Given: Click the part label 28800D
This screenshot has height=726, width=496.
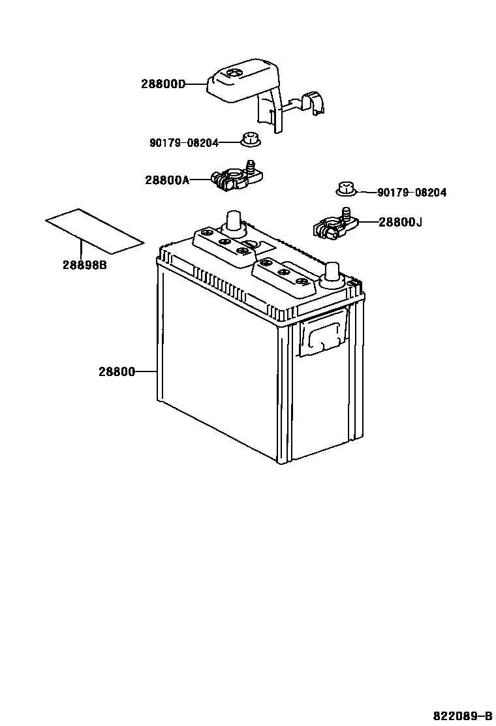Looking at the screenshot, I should pyautogui.click(x=163, y=84).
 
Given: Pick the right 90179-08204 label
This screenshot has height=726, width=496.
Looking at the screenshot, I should pyautogui.click(x=412, y=193).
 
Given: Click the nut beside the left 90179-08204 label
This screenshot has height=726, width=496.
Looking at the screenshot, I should pyautogui.click(x=249, y=140).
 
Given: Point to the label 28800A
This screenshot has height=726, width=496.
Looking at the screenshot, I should pyautogui.click(x=166, y=180).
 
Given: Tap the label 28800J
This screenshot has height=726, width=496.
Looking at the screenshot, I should pyautogui.click(x=400, y=223).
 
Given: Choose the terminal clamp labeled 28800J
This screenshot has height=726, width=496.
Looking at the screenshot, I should pyautogui.click(x=335, y=225).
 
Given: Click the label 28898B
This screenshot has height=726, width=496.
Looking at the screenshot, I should pyautogui.click(x=84, y=265).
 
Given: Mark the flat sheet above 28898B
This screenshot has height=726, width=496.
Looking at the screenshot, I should pyautogui.click(x=94, y=231).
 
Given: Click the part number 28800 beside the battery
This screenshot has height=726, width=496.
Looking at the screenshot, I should pyautogui.click(x=117, y=372).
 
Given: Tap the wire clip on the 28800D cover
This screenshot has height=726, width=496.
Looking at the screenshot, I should pyautogui.click(x=315, y=104).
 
